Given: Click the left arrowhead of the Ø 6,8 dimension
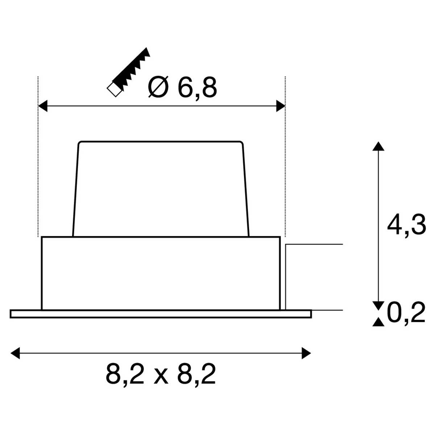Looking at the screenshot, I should tap(43, 106).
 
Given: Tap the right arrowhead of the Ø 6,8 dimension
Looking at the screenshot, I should tap(281, 106).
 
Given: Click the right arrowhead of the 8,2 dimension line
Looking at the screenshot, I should tap(306, 352).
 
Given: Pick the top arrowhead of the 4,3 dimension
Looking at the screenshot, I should tap(378, 146).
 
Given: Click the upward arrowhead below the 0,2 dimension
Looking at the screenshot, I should tap(378, 322).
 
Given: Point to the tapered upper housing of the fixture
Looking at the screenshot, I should tap(161, 188).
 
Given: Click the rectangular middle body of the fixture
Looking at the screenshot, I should tap(161, 273).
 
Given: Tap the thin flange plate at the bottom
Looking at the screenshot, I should tap(161, 314).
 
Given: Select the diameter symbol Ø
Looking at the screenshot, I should tap(158, 88).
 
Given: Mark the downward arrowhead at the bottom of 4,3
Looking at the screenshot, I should tap(378, 305).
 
